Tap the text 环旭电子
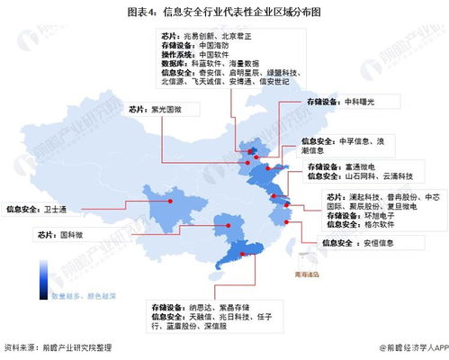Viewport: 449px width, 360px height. [381, 216]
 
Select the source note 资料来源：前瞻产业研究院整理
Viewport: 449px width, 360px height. [61, 347]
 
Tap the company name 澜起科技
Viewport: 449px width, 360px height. [365, 197]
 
